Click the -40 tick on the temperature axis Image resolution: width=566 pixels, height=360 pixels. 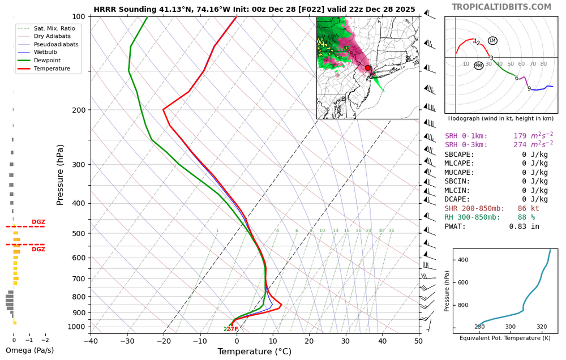[x=91, y=340]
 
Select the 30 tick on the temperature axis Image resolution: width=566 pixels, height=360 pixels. [x=346, y=340]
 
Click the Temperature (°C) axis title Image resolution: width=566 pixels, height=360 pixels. [x=254, y=352]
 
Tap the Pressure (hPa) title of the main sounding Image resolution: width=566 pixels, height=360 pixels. [x=61, y=175]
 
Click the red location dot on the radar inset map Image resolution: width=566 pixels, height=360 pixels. [x=368, y=68]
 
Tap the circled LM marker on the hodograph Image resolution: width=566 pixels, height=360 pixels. [x=492, y=41]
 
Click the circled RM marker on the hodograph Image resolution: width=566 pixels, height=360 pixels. [x=479, y=66]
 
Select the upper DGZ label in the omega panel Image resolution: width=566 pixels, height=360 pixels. [x=38, y=222]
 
